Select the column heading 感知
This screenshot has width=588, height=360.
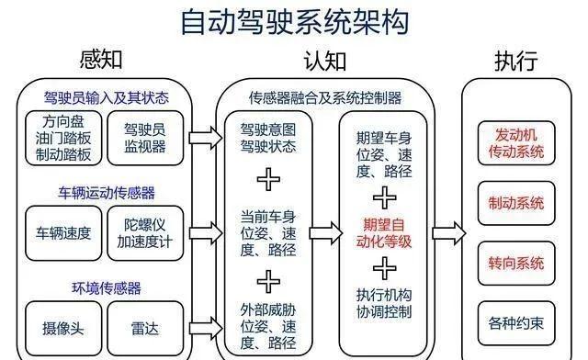(102, 62)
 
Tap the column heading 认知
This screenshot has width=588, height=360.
(325, 62)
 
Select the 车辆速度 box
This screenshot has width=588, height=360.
(62, 232)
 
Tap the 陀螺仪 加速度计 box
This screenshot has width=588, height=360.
(144, 232)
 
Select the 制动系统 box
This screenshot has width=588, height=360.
(519, 202)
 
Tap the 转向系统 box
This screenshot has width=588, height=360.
(519, 264)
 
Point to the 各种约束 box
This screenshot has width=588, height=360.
(519, 322)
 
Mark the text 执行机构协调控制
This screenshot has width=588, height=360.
(384, 303)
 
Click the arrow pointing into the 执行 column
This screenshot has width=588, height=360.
(449, 229)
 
